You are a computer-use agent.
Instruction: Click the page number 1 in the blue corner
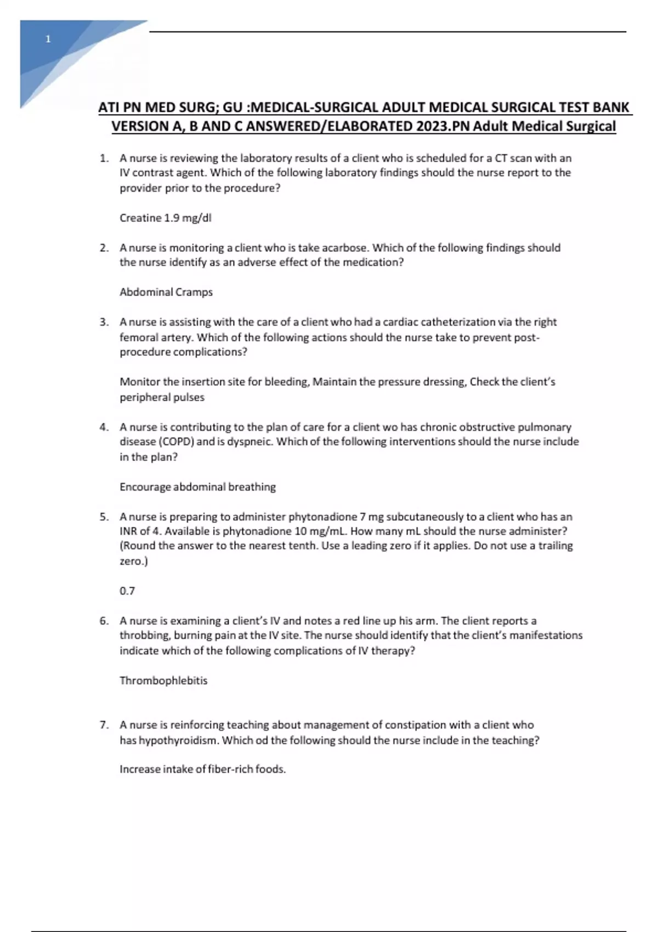click(48, 39)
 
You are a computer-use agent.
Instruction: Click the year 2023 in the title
click(432, 127)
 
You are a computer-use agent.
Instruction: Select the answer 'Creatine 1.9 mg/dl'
click(165, 218)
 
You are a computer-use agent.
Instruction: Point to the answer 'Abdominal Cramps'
click(166, 292)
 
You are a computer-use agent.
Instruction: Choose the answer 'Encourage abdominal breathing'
click(197, 487)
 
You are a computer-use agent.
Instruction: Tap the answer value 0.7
click(127, 591)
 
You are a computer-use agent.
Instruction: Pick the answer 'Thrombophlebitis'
click(163, 681)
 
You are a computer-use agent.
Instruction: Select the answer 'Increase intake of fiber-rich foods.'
click(203, 769)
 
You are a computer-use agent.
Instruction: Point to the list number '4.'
click(104, 427)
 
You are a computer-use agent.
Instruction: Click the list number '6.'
click(104, 621)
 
